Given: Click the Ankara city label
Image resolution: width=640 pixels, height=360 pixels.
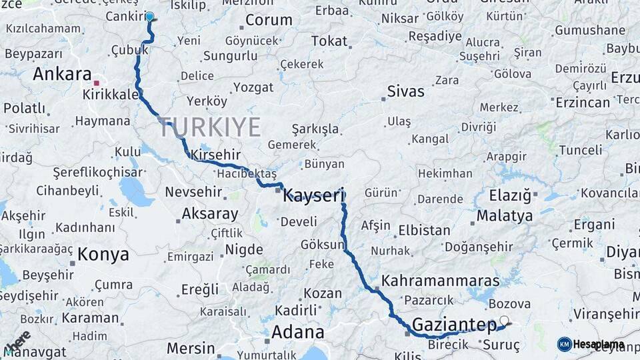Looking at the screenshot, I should pos(61,73).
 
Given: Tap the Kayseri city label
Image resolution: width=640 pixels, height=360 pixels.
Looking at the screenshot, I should pos(313,196).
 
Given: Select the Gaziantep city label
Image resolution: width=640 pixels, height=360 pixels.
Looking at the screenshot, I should pos(454,325).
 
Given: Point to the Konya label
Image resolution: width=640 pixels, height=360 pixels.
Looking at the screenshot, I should pos(103,254).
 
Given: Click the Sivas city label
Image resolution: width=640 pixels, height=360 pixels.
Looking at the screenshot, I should pos(405,91).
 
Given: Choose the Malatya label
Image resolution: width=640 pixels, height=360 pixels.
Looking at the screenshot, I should pos(504,216).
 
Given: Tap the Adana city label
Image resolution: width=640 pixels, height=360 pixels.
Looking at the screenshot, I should pos(297,331).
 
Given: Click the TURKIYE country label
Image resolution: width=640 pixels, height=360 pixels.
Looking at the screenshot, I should pos(209,127).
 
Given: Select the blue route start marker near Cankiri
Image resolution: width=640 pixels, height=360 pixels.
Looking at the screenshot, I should pos(149,17).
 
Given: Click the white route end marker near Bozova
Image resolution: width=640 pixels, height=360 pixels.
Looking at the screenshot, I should pos(504,321).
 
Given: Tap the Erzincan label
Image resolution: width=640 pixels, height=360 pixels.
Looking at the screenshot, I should pos(582,103).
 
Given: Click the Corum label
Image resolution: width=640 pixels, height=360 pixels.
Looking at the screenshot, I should pos(269,20).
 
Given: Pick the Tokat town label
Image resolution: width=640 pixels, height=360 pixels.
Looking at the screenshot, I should pos(329,41).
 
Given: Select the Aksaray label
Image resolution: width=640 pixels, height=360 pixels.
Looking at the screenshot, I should pos(209,214).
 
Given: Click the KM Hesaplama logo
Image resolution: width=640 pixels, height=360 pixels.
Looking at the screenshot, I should pos(591,344).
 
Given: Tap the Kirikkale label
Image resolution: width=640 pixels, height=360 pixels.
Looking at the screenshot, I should pos(111,95).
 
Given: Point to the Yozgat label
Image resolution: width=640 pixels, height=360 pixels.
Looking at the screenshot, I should pos(253,87).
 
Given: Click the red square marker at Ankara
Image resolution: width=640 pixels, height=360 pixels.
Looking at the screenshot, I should pos(97,83).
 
